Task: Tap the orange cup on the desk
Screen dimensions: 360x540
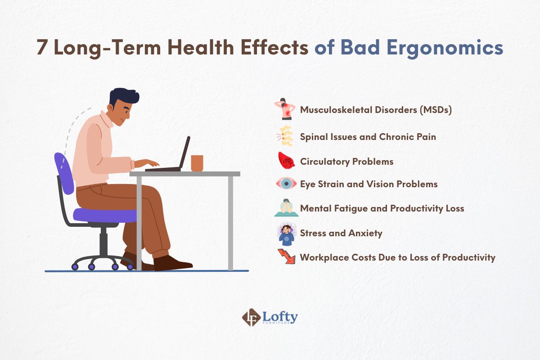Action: [197, 163]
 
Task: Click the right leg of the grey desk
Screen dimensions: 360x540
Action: [230, 223]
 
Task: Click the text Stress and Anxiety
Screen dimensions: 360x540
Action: [341, 233]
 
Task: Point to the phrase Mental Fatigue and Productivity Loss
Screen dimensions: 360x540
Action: [382, 208]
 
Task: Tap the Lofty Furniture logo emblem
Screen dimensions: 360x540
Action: [250, 317]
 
